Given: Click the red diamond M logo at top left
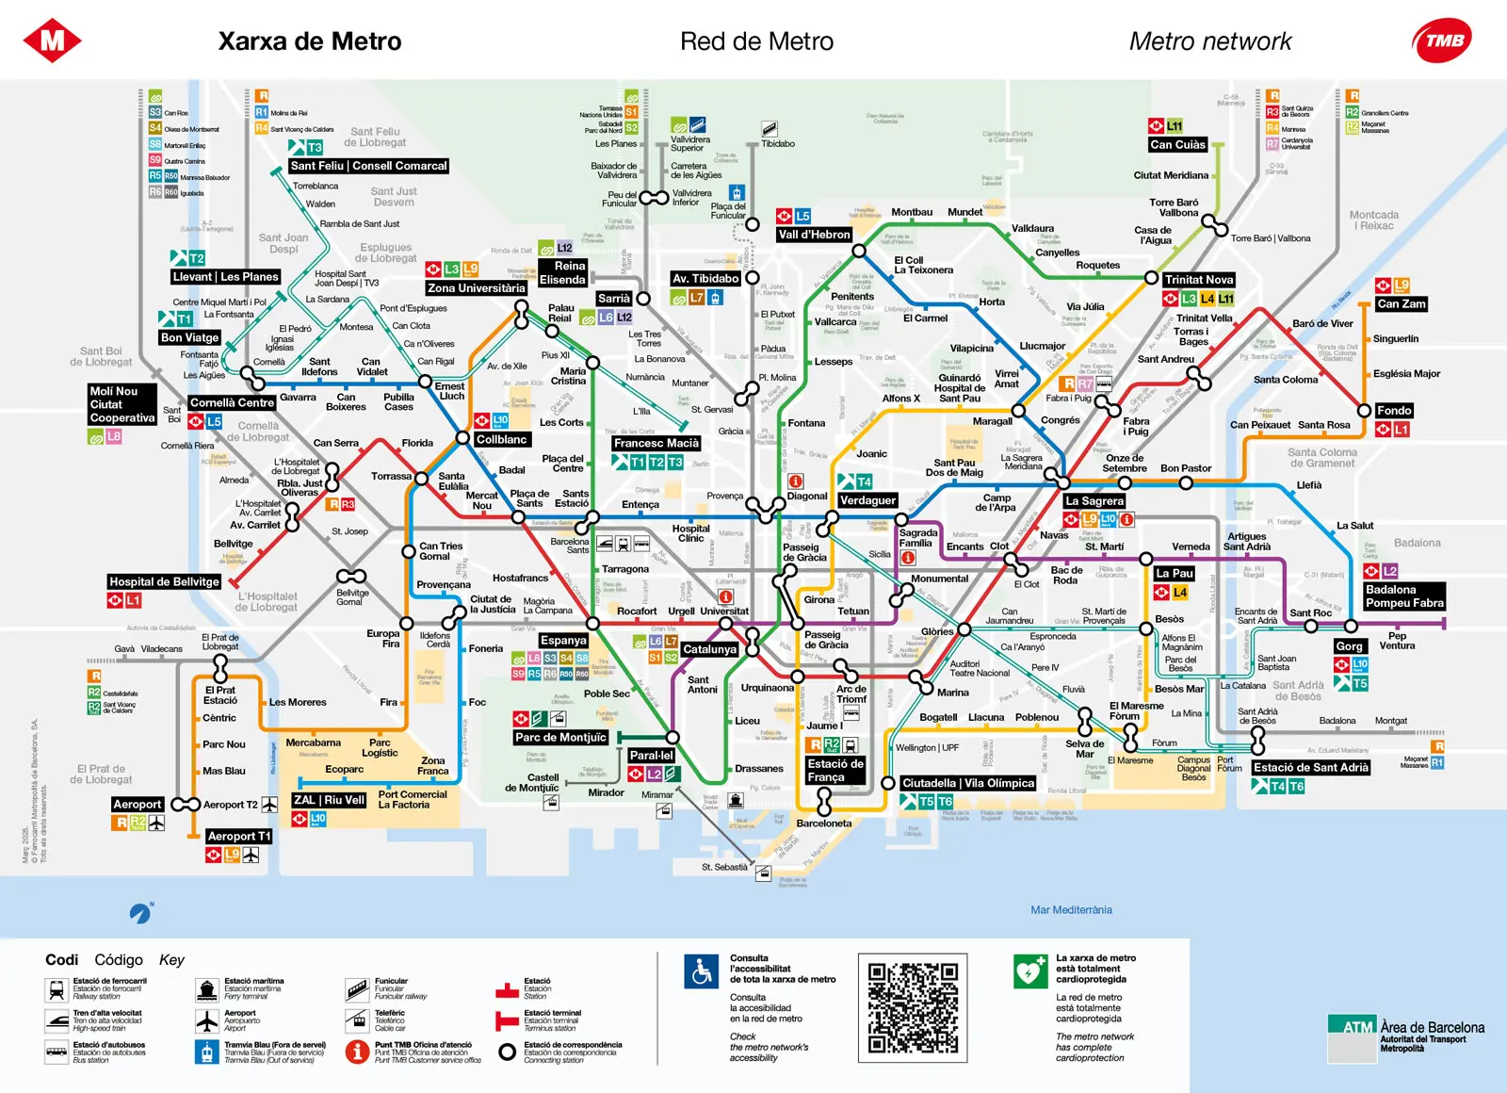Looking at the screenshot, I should (52, 41).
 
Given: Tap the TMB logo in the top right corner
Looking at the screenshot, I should (1442, 41).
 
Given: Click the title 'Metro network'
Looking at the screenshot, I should (1210, 41).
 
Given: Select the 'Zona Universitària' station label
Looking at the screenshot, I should (476, 288).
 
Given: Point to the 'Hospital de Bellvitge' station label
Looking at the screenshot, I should (164, 581).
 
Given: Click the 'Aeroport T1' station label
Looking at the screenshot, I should (239, 836).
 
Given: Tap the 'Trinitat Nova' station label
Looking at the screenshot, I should (1198, 280).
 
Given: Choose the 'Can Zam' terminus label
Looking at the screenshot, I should (1401, 303).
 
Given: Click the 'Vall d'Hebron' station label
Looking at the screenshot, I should (814, 235).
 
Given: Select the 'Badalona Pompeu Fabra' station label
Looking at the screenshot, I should (1403, 596).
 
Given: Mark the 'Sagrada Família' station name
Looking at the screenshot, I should (917, 538).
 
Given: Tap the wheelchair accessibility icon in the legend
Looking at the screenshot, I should (701, 971).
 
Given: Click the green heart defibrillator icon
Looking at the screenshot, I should (1030, 971).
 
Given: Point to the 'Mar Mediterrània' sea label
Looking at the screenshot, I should (1071, 910).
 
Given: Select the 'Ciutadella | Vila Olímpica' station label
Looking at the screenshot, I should (968, 783).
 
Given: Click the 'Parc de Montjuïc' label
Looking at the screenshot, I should (560, 737).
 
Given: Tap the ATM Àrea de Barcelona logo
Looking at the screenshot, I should (1405, 1034).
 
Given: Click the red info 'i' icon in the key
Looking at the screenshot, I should (356, 1052).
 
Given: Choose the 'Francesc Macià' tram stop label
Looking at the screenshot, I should (656, 443).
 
